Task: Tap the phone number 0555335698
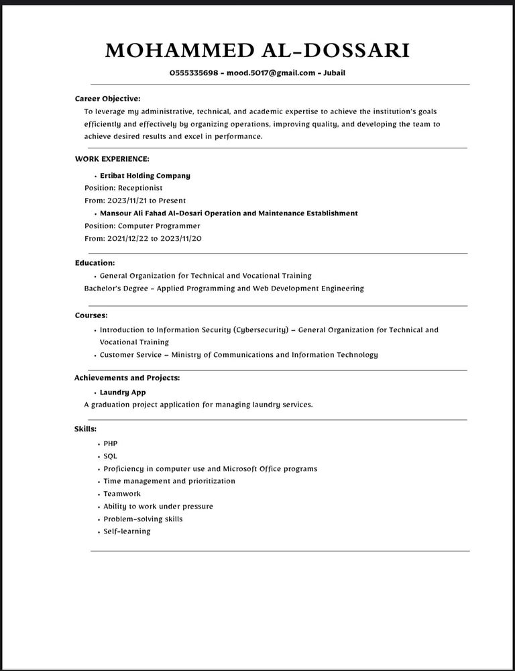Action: point(194,73)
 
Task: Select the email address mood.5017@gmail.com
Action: point(272,73)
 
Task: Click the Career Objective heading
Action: point(107,99)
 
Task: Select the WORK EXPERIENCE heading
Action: point(112,159)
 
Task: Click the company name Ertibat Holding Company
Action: point(145,176)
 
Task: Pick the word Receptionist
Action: point(140,188)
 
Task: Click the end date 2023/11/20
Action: point(180,238)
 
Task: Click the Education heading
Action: point(95,263)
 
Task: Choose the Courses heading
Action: point(91,315)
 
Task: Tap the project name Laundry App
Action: point(123,393)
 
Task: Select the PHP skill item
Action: point(111,444)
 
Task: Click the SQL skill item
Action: point(111,456)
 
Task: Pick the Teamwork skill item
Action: point(122,494)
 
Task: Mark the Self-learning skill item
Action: point(127,531)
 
